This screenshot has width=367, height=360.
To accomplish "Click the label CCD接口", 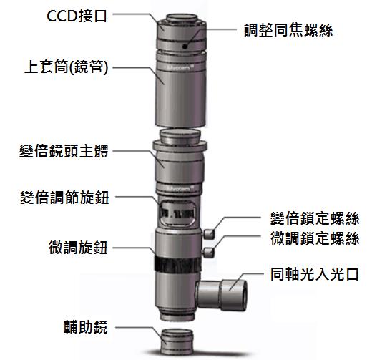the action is [x=77, y=16].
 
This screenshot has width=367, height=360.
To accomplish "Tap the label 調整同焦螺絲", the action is [x=288, y=30].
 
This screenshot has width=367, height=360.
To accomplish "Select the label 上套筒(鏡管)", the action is [x=67, y=67].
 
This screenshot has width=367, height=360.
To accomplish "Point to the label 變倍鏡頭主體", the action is [x=64, y=151].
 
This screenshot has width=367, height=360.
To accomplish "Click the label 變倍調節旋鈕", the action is [x=64, y=198].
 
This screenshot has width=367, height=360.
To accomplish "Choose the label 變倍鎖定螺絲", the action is [x=315, y=218].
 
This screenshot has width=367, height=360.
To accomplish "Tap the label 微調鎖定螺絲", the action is [x=315, y=238].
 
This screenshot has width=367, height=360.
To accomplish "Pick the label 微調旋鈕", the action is [x=79, y=247].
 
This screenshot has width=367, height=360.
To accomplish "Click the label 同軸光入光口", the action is [x=315, y=274].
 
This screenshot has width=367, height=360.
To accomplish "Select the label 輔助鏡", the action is [x=86, y=326].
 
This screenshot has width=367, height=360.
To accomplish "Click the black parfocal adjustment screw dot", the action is [x=185, y=47].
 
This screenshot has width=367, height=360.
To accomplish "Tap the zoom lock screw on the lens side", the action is [x=208, y=234].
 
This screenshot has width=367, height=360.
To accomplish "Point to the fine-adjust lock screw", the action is [x=208, y=253].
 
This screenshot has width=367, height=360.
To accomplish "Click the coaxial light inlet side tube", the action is [x=221, y=295].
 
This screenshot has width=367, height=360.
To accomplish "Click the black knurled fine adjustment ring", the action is [x=177, y=266].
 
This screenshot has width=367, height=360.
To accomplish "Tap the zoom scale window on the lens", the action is [x=177, y=213].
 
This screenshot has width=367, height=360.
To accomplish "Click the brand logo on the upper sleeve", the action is [x=181, y=68].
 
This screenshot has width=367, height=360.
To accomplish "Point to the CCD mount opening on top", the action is [x=182, y=18].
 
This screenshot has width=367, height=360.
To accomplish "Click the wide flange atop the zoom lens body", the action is [x=180, y=145].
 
